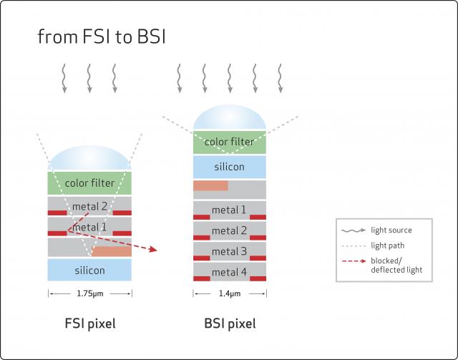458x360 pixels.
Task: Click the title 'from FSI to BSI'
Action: [102, 37]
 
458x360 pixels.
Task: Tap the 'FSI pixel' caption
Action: [90, 323]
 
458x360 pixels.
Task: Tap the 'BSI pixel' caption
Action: [230, 323]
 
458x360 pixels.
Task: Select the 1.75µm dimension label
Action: [90, 293]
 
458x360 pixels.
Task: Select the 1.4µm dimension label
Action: [230, 293]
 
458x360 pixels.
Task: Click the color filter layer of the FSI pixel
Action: [89, 183]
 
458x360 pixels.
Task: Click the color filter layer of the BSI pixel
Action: [230, 142]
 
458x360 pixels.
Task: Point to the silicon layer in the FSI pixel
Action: [89, 270]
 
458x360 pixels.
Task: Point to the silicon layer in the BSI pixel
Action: [230, 167]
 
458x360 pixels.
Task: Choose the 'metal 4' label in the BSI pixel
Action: [229, 272]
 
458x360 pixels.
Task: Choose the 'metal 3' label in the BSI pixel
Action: [229, 251]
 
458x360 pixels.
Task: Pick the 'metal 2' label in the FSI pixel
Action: [89, 207]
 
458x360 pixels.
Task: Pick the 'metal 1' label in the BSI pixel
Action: [229, 210]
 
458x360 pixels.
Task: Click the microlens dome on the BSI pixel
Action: [230, 117]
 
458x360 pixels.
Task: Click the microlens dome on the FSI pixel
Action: [89, 157]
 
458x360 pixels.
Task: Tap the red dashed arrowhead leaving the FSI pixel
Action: [153, 249]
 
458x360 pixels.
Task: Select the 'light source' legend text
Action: [391, 230]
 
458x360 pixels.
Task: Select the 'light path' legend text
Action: [388, 245]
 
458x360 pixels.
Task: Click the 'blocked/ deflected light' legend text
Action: [396, 266]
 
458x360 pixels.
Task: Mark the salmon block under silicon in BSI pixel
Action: [210, 185]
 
